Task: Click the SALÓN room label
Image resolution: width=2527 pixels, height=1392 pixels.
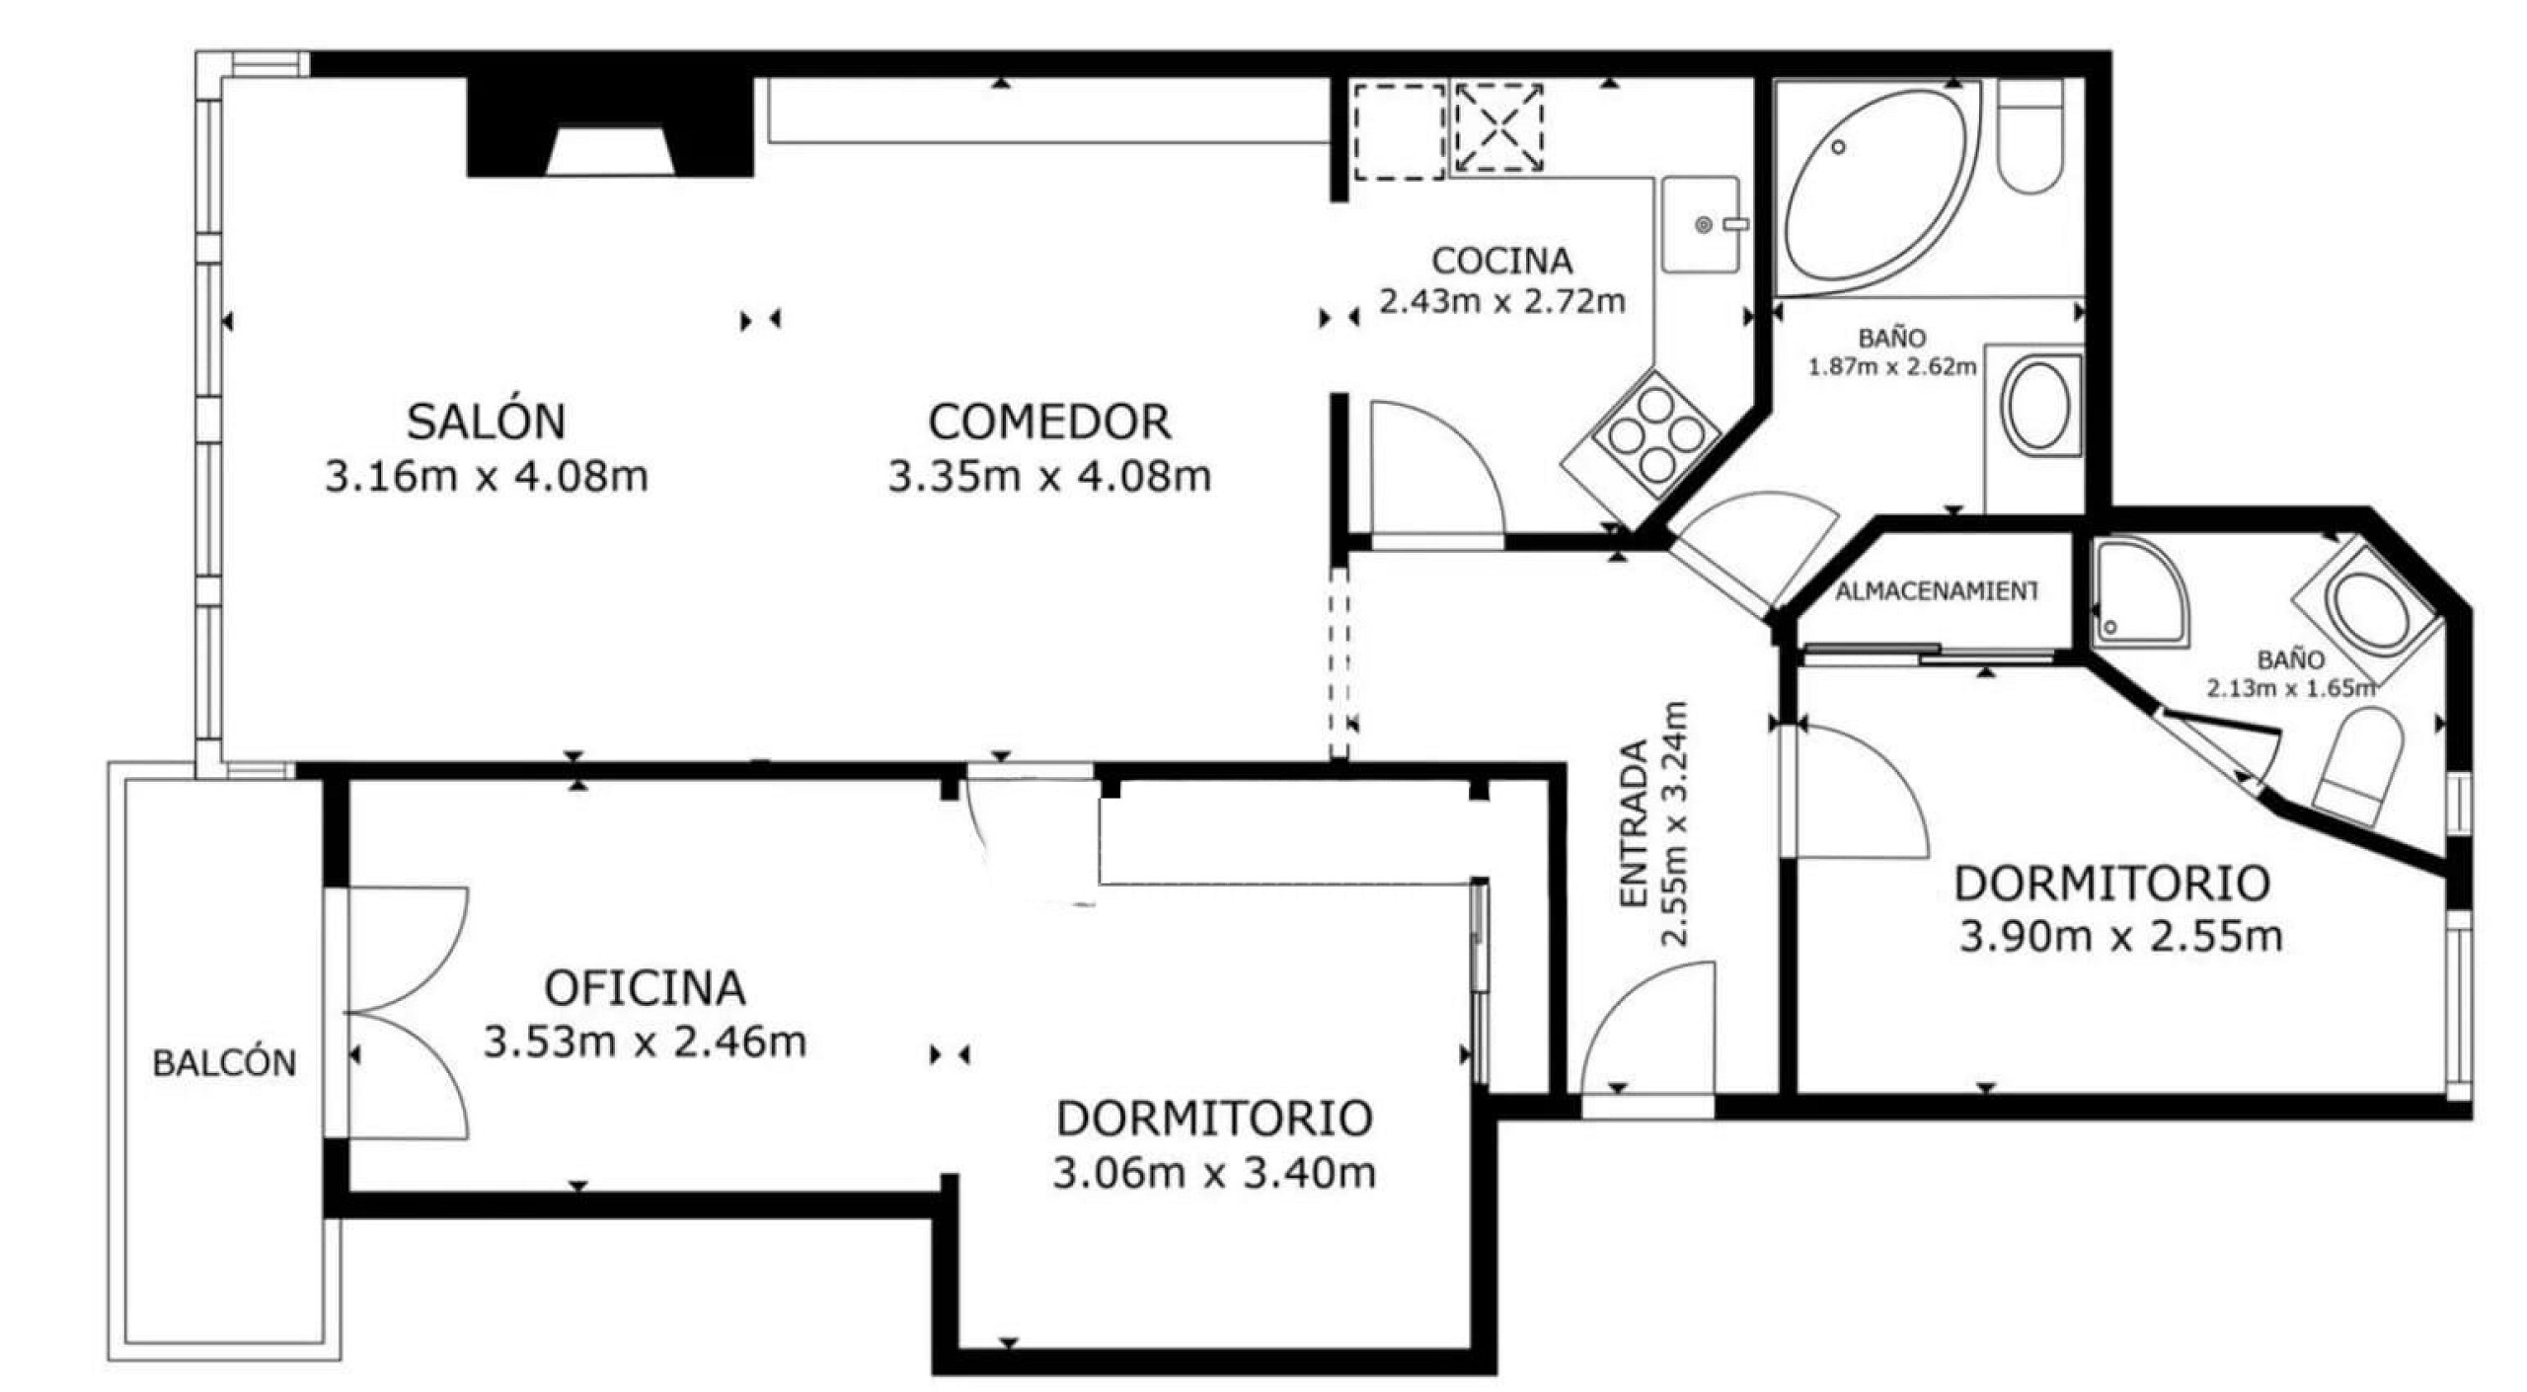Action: click(486, 422)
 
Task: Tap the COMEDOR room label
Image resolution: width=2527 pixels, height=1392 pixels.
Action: click(1049, 423)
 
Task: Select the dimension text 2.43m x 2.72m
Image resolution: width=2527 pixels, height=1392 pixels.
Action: click(1501, 301)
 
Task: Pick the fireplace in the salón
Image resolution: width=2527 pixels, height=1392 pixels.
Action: click(610, 127)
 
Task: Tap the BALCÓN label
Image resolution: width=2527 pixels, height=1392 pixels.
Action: click(224, 1063)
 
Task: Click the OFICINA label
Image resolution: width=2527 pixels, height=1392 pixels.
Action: click(645, 988)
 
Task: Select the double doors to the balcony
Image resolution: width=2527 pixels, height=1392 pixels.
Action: click(407, 1014)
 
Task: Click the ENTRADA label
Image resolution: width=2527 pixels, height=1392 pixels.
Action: click(1635, 823)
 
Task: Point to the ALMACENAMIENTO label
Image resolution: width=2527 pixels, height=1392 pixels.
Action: click(1936, 591)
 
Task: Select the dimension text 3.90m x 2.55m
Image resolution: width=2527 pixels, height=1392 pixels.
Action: click(2120, 937)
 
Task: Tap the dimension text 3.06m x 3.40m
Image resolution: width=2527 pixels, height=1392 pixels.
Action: click(1214, 1174)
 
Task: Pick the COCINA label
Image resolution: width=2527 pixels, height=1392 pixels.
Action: click(1501, 261)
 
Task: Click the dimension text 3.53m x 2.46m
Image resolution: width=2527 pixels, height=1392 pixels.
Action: click(645, 1042)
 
